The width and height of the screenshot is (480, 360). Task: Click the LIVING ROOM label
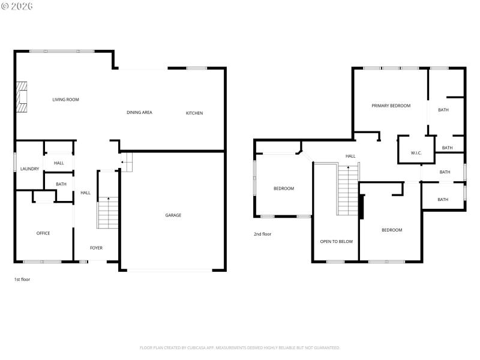(x=65, y=100)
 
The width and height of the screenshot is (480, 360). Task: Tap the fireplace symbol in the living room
(x=22, y=97)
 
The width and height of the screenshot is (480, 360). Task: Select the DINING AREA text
(x=139, y=112)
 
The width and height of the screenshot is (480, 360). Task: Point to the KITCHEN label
(x=194, y=113)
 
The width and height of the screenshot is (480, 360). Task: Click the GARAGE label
(x=173, y=215)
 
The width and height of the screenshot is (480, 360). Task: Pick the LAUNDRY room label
(x=29, y=169)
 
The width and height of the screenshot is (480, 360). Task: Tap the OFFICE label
(x=43, y=233)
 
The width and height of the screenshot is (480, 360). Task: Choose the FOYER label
(x=96, y=248)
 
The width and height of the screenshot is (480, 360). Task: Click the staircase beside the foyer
(x=108, y=213)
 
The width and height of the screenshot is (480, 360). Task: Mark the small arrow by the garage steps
(x=122, y=162)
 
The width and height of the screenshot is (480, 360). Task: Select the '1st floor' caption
(x=22, y=280)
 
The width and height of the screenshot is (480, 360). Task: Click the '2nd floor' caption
(x=262, y=234)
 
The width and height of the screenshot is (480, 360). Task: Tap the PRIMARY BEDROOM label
(x=391, y=106)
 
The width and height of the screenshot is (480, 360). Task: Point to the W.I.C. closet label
(x=416, y=153)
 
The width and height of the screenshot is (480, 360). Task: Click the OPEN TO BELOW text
(x=336, y=242)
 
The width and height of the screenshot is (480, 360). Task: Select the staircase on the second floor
(x=348, y=190)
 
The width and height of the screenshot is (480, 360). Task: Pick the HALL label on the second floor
(x=350, y=156)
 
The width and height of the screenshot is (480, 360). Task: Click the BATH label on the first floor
(x=61, y=184)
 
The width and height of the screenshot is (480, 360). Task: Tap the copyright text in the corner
(x=17, y=5)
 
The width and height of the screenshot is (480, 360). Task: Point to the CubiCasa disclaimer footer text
(x=240, y=347)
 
